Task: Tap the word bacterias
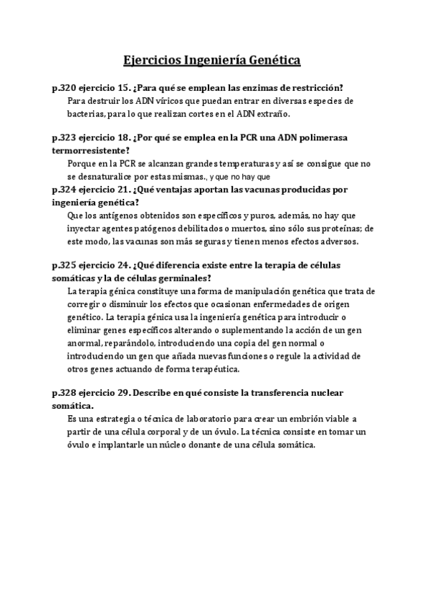(86, 115)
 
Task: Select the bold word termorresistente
(91, 150)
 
